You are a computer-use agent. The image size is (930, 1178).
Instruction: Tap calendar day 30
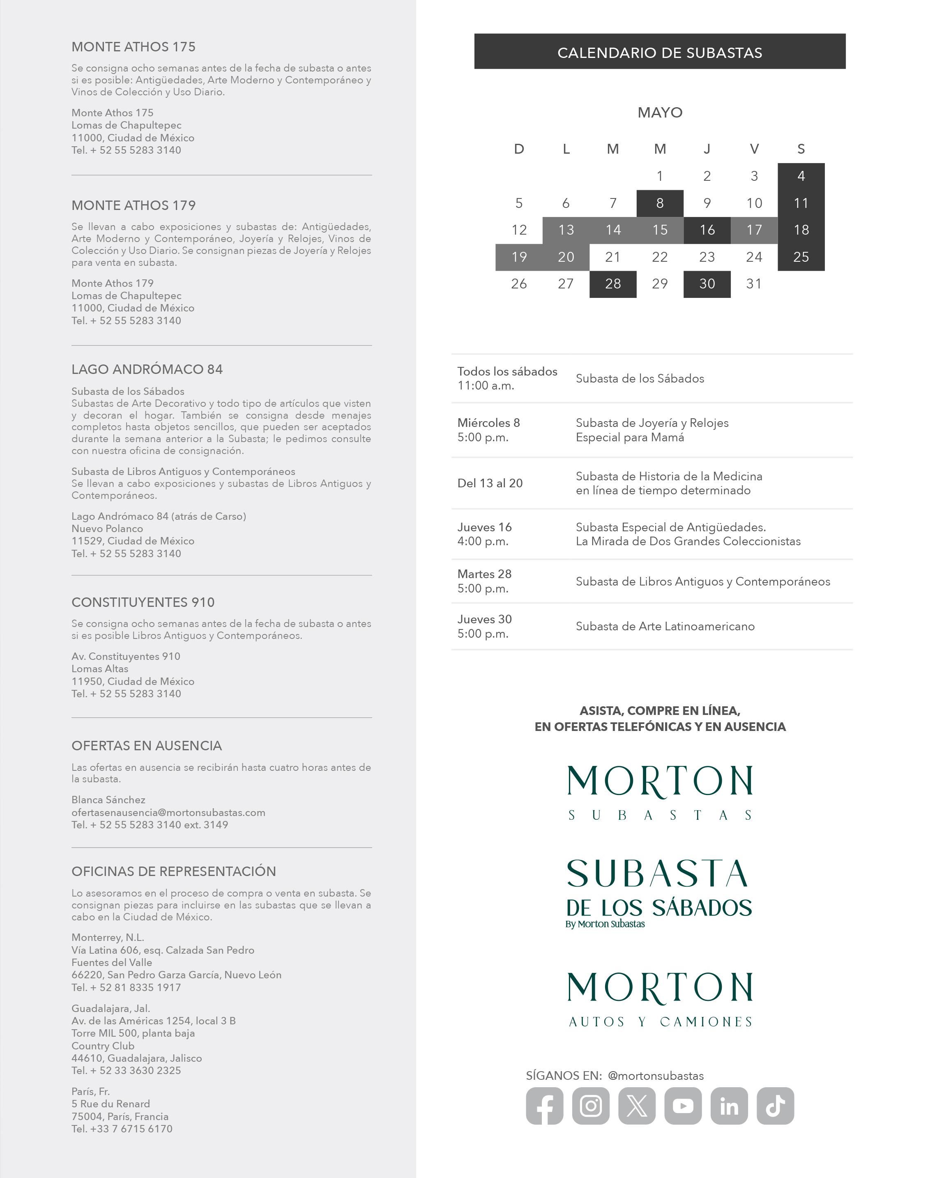click(x=707, y=284)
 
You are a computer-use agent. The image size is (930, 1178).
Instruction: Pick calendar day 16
click(x=707, y=230)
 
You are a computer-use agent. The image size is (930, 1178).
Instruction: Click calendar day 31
click(x=754, y=284)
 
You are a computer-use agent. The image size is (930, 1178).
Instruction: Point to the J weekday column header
click(x=707, y=149)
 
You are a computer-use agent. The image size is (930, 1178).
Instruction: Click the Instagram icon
click(x=590, y=1106)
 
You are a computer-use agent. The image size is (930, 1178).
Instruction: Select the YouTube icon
click(x=683, y=1106)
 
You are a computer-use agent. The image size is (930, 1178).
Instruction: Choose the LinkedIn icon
click(x=729, y=1106)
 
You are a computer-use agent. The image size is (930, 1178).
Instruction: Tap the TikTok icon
click(x=776, y=1106)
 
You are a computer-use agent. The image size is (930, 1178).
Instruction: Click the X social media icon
click(x=637, y=1106)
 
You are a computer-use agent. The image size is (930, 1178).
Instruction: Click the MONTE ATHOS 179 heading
click(x=134, y=205)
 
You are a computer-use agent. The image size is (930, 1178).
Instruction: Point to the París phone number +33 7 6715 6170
click(x=131, y=1129)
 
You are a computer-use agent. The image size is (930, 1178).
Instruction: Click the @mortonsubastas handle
click(x=656, y=1076)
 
